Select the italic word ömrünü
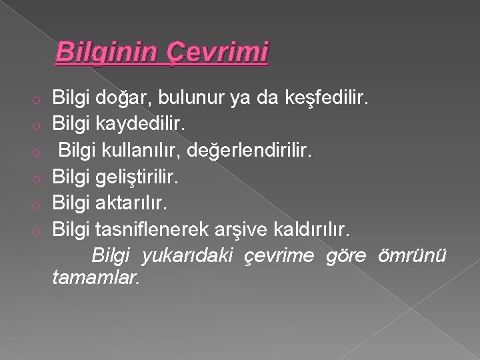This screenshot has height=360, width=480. pyautogui.click(x=413, y=255)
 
